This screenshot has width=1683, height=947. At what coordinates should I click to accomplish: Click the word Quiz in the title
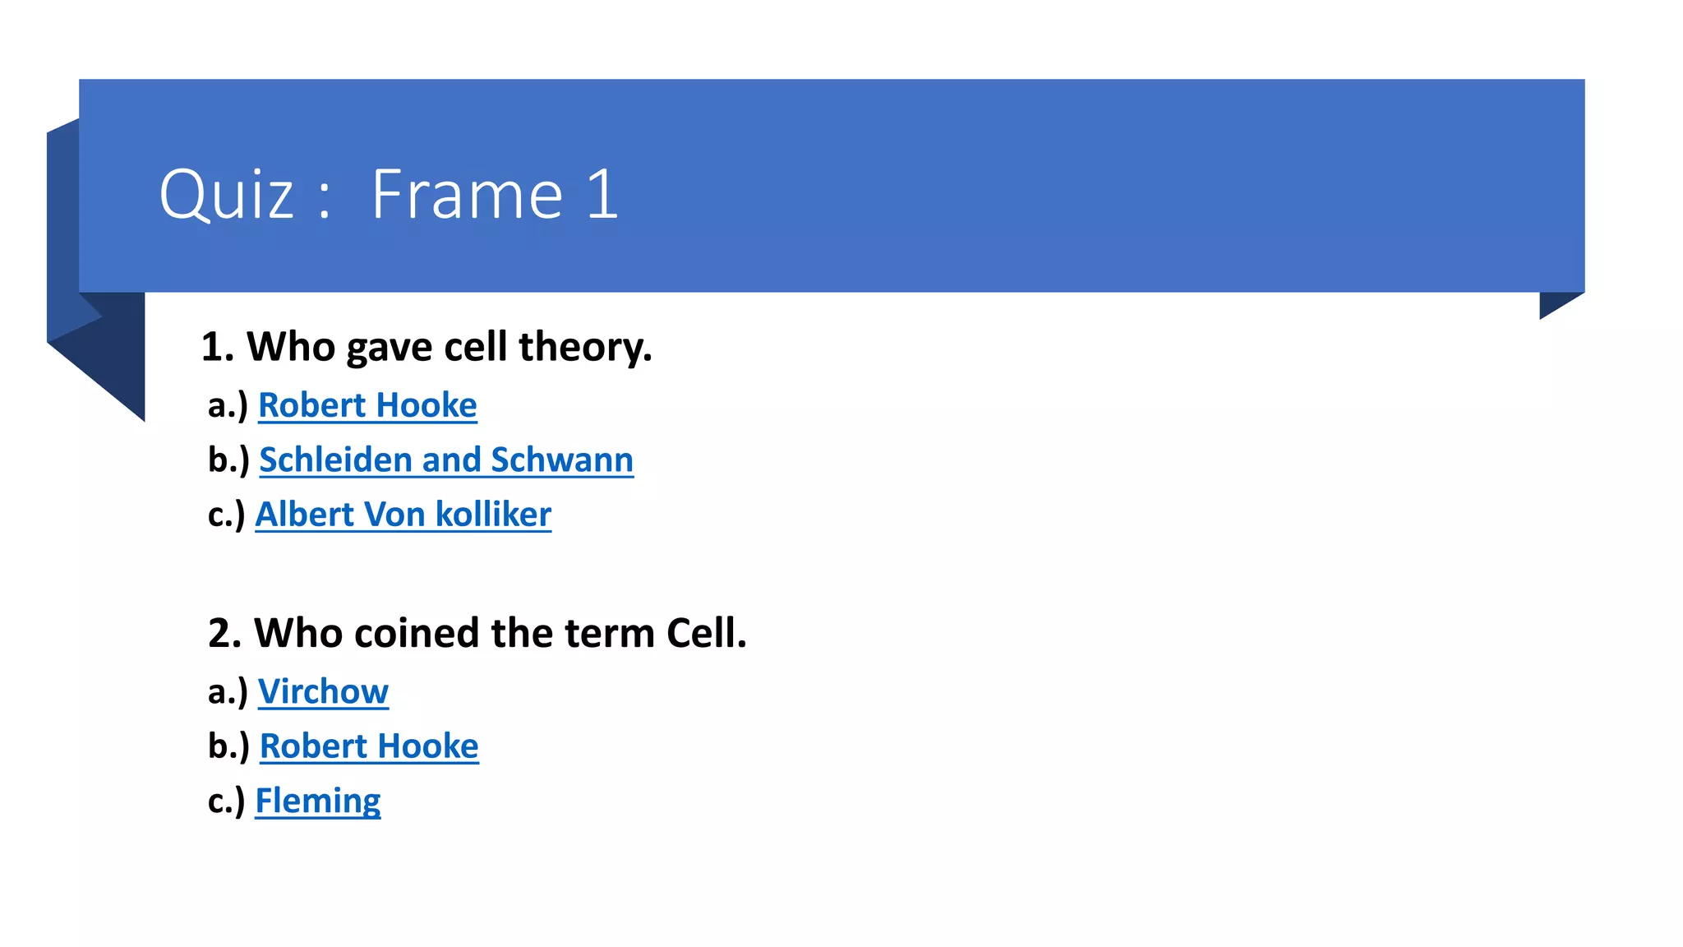pos(226,196)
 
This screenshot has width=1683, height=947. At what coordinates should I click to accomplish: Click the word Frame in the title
pos(467,196)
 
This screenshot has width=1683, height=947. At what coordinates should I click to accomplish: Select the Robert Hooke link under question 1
pos(367,405)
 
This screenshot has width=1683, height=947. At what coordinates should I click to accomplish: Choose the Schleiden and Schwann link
pos(446,460)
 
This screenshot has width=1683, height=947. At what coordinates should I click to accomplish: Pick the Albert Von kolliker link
pos(403,515)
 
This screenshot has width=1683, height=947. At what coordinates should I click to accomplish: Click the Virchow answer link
pos(323,691)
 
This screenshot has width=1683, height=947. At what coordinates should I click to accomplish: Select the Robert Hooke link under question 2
pos(369,746)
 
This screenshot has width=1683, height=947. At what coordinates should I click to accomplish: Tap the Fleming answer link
pos(318,801)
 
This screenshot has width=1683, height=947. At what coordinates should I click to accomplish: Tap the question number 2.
pos(224,633)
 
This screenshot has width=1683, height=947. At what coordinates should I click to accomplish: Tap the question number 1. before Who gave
pos(218,347)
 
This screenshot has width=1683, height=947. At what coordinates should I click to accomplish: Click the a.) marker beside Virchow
pos(228,692)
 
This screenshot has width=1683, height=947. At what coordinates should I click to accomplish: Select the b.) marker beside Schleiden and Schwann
pos(228,460)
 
